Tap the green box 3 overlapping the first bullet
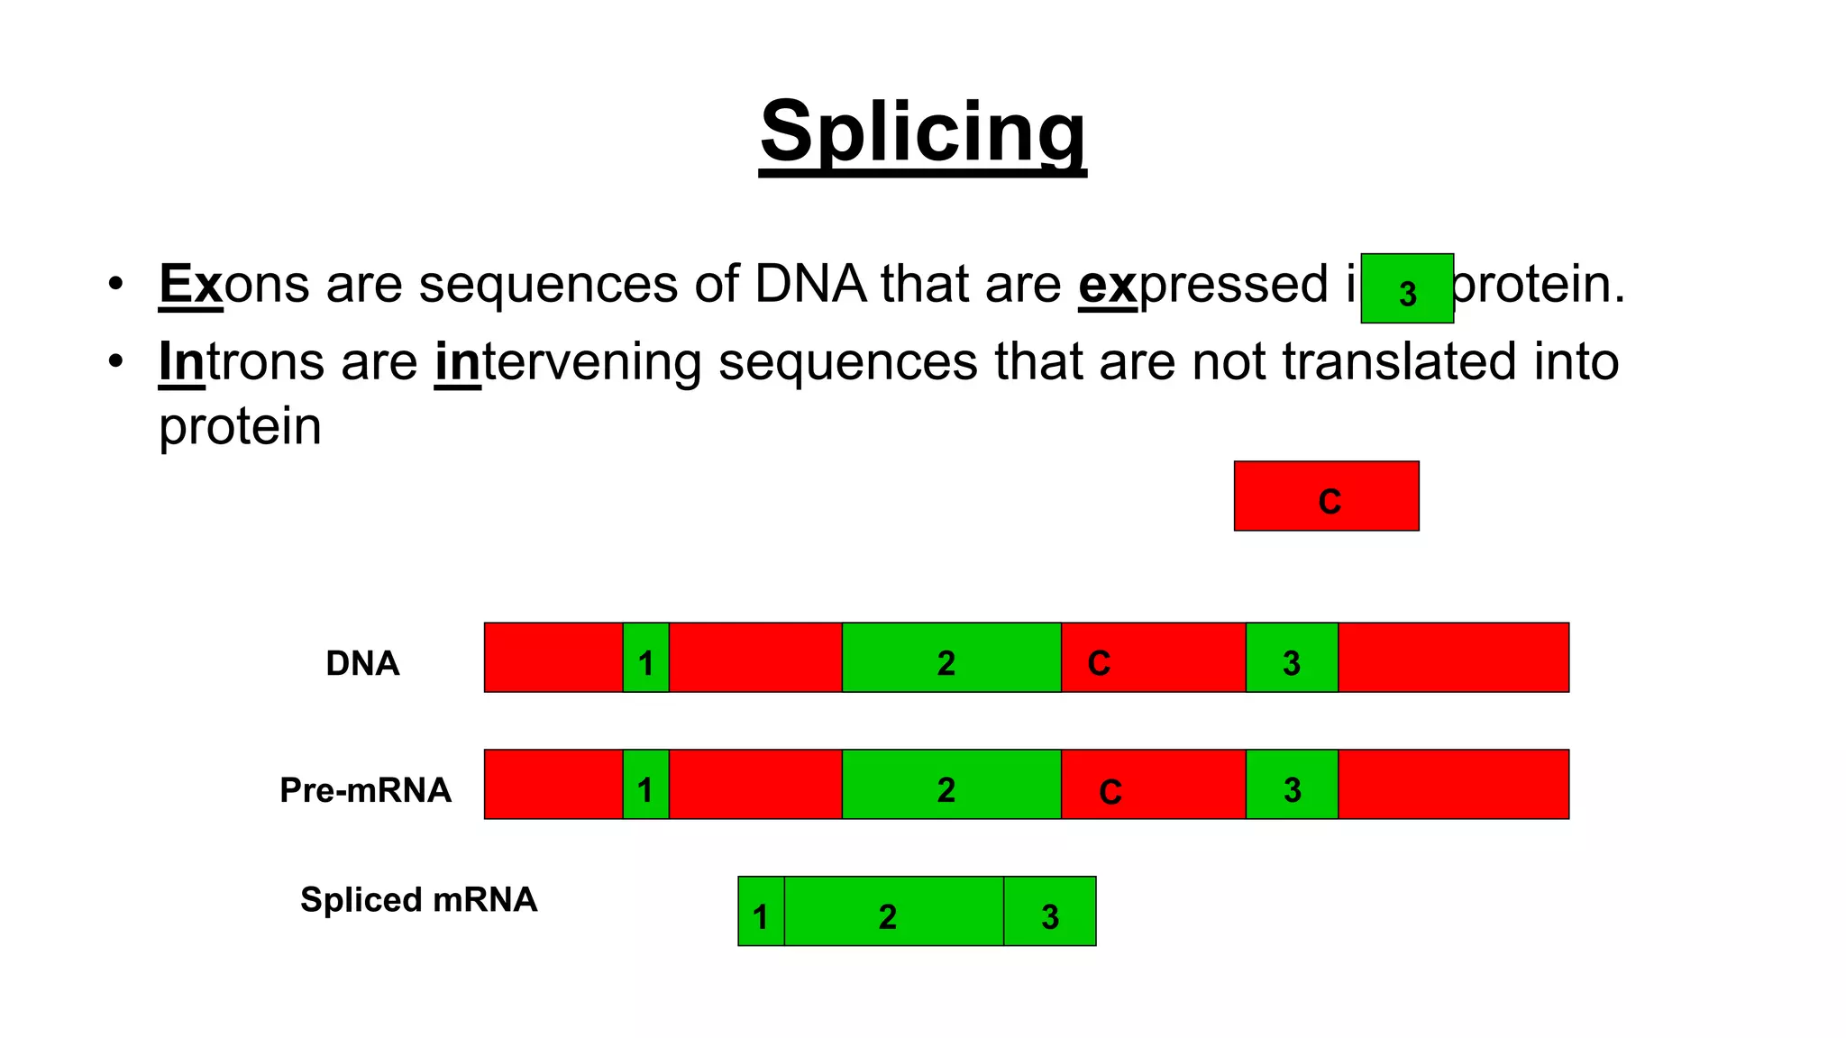[x=1407, y=289]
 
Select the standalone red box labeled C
[x=1326, y=496]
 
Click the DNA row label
[x=361, y=663]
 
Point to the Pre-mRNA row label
[x=365, y=790]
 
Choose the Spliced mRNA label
[x=418, y=899]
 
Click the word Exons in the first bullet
[x=234, y=285]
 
